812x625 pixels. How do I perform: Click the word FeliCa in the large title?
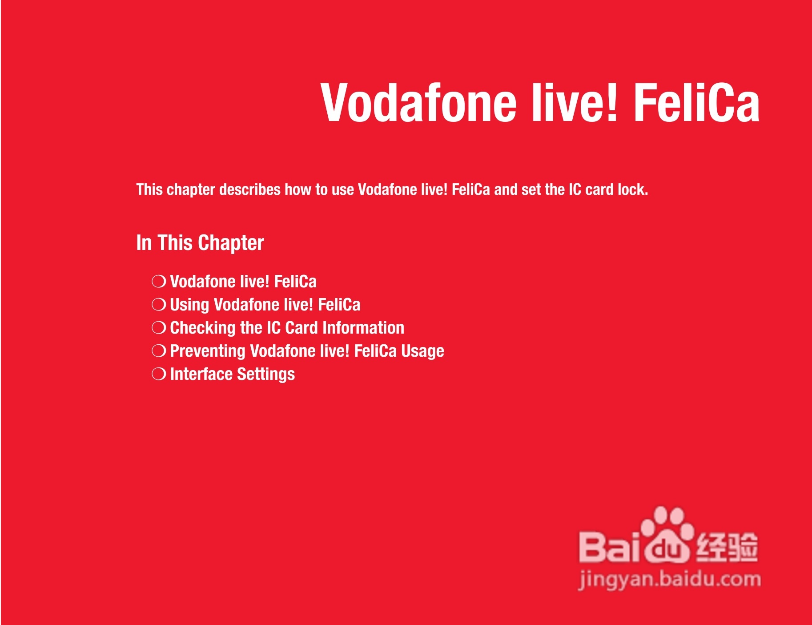point(696,103)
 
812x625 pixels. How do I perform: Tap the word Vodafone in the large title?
point(418,103)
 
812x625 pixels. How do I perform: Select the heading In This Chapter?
point(200,243)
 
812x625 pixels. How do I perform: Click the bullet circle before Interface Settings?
point(159,374)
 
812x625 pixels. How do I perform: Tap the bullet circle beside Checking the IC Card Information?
point(159,328)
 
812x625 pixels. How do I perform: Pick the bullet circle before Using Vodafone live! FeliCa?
point(159,305)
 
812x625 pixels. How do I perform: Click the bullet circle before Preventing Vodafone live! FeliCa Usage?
point(159,351)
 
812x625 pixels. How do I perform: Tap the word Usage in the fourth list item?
point(422,351)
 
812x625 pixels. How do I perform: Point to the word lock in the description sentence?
point(631,190)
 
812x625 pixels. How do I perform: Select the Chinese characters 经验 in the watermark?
point(727,546)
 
